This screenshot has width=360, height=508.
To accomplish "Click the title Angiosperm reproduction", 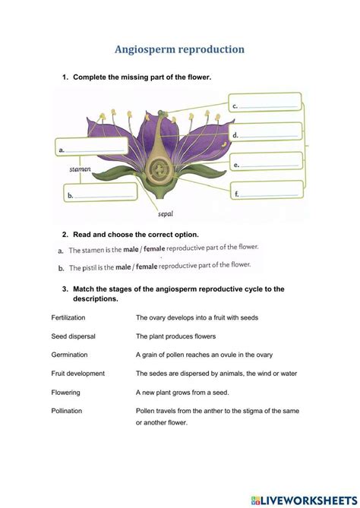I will click(179, 49).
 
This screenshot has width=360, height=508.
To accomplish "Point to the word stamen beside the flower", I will click(80, 170).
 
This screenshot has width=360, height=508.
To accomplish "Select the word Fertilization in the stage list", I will click(68, 317).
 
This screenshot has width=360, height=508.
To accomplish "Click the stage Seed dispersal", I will click(72, 336).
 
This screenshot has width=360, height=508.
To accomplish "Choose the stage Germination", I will click(70, 355).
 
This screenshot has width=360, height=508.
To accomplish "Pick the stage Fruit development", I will click(78, 374).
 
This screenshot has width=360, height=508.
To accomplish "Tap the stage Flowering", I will click(66, 393).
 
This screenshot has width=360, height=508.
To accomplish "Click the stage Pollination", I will click(67, 411).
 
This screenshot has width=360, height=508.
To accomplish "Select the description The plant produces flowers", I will click(176, 336).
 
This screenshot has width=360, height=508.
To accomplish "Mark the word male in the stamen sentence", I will click(140, 249).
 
